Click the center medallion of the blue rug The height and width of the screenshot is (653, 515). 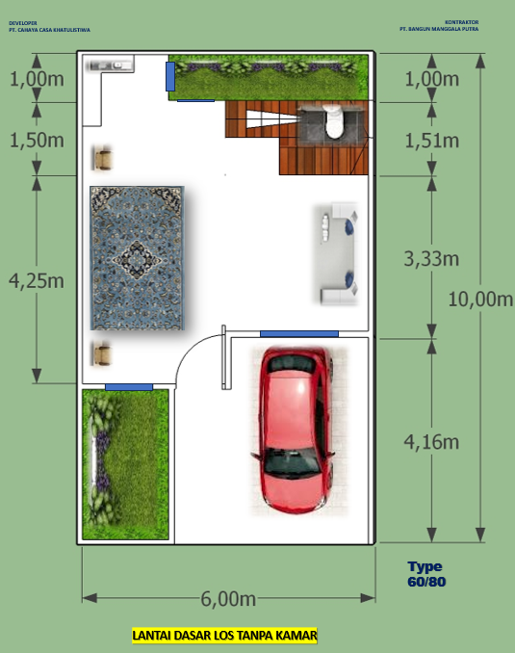pos(135,257)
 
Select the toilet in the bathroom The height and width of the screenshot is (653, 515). pos(333,122)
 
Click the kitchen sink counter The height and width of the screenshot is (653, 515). pos(109,65)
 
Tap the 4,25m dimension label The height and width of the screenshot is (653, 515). pos(37,280)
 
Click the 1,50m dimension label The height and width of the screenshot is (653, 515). pos(37,140)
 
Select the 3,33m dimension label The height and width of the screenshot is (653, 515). pos(429,258)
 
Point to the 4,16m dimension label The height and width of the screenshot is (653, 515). pos(429,443)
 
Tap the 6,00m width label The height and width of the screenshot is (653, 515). pos(228,598)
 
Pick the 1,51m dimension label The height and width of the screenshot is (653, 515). pos(429,141)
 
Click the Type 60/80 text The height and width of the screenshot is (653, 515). pos(425,574)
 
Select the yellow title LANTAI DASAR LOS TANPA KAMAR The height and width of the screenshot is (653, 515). pos(223,636)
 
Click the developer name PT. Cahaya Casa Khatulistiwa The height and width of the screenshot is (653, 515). pos(48,30)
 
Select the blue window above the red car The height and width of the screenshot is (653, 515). pos(298,333)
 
